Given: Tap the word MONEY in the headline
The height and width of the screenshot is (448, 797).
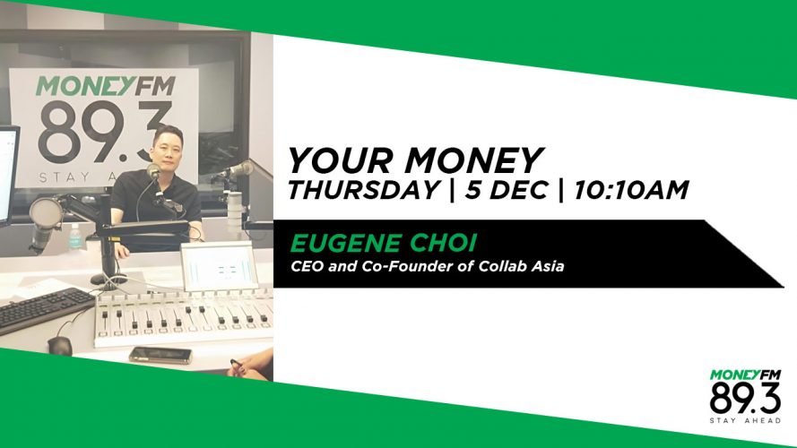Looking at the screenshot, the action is pyautogui.click(x=473, y=160).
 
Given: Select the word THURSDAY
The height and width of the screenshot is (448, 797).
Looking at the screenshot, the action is pyautogui.click(x=363, y=190).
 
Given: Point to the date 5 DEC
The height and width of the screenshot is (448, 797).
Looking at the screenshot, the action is pyautogui.click(x=506, y=190).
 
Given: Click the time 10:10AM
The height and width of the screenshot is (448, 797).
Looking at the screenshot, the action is pyautogui.click(x=631, y=190).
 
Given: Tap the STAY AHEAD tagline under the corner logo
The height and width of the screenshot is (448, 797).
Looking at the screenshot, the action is pyautogui.click(x=745, y=420).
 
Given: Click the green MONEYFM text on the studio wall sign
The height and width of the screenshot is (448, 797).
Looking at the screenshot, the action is pyautogui.click(x=106, y=86).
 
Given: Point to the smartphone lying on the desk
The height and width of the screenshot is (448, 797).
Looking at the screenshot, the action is pyautogui.click(x=160, y=355).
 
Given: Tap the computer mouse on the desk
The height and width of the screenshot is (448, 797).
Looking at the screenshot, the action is pyautogui.click(x=60, y=345).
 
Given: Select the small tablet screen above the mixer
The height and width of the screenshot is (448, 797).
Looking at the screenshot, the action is pyautogui.click(x=220, y=265).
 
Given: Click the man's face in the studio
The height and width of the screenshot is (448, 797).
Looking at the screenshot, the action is pyautogui.click(x=168, y=149).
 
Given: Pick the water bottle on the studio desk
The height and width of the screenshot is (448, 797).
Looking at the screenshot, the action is pyautogui.click(x=75, y=237).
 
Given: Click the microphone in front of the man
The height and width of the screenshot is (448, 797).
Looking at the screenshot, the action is pyautogui.click(x=153, y=171).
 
